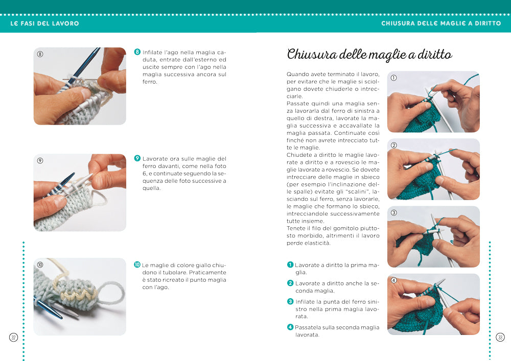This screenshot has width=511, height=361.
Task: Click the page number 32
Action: tap(13, 337)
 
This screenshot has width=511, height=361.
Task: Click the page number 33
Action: tap(500, 337)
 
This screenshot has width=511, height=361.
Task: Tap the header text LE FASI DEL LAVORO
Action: tap(44, 23)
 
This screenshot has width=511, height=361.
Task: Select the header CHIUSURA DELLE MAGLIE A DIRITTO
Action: tap(441, 23)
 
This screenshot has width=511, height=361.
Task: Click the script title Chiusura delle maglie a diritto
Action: tap(369, 54)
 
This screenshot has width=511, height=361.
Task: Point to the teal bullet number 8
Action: tap(137, 52)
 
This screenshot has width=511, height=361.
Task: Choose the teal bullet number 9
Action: tap(137, 158)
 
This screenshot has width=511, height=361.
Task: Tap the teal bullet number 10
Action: tap(137, 265)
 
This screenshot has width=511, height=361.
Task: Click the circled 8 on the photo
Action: tap(40, 54)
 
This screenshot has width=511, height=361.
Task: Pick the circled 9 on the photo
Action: tap(40, 160)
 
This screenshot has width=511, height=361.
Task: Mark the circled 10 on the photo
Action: tap(40, 264)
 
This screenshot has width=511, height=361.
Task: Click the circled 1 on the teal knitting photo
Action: tap(393, 78)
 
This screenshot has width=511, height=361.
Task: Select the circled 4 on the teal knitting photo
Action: tap(393, 280)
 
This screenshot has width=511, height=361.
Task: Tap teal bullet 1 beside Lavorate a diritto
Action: tap(290, 264)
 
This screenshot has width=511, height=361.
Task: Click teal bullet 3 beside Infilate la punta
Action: tap(290, 301)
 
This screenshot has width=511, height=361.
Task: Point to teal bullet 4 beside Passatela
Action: tap(290, 327)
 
